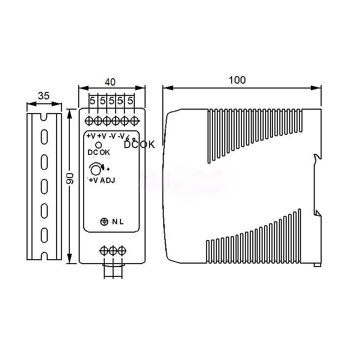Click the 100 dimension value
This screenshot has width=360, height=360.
coord(237,80)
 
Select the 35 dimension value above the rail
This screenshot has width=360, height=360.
coord(43,96)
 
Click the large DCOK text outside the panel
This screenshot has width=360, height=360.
coord(140,145)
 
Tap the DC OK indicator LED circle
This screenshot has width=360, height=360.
coord(98,145)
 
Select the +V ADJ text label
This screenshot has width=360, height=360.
coord(102,180)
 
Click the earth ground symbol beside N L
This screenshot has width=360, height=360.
coord(104,222)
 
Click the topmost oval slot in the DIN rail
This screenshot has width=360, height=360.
coord(44,136)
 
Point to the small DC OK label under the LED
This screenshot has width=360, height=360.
coord(99,152)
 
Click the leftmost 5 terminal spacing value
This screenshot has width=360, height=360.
coord(92,100)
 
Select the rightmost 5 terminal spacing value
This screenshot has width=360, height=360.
coord(130,100)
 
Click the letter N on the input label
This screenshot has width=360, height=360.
coord(114,222)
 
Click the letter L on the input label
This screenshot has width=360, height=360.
coord(121,222)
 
